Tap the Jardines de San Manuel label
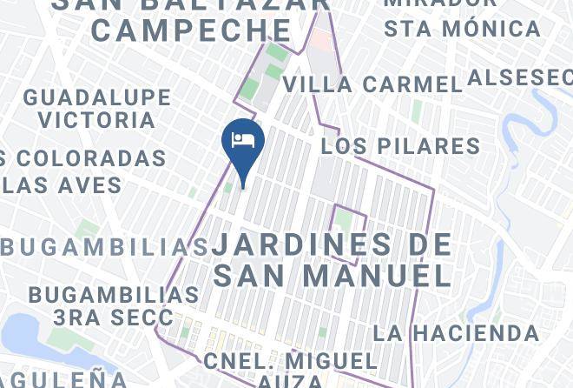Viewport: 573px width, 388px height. click(x=333, y=259)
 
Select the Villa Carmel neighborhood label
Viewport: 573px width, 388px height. click(x=372, y=84)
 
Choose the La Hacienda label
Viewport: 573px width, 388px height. click(x=456, y=332)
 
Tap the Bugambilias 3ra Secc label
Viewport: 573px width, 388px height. click(x=95, y=304)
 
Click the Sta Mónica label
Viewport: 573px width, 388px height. click(x=462, y=28)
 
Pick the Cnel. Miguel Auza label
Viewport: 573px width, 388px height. click(x=290, y=369)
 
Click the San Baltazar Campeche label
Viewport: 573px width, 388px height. click(x=192, y=19)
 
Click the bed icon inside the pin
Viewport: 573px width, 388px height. click(x=243, y=139)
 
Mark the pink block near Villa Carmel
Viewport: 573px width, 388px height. click(x=321, y=39)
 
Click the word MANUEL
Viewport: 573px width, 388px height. click(x=378, y=275)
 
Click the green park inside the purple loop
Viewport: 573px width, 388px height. click(x=345, y=221)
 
